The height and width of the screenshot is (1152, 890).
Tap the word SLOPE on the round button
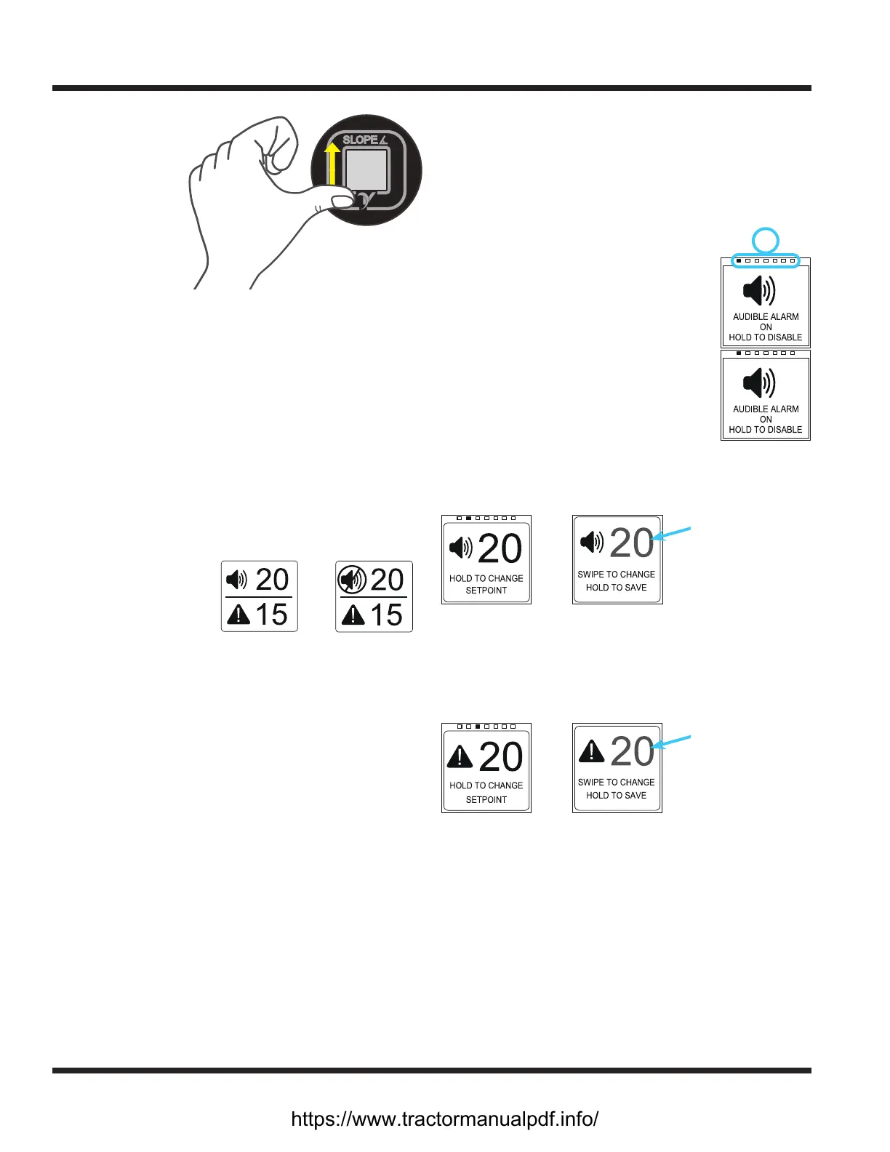pyautogui.click(x=360, y=140)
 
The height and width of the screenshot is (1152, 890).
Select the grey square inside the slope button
pyautogui.click(x=366, y=170)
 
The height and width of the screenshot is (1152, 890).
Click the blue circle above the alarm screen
pyautogui.click(x=765, y=240)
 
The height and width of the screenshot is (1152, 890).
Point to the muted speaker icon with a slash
pyautogui.click(x=353, y=580)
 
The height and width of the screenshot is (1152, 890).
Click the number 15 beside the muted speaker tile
pyautogui.click(x=386, y=615)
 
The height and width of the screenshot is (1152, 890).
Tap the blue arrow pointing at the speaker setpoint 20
pyautogui.click(x=673, y=534)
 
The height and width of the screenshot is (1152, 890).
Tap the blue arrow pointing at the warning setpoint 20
pyautogui.click(x=673, y=742)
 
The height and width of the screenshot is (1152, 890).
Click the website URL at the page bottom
pyautogui.click(x=444, y=1119)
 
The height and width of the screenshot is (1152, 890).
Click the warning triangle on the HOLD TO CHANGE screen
pyautogui.click(x=460, y=756)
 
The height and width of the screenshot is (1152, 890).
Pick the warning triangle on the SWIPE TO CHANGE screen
pyautogui.click(x=591, y=751)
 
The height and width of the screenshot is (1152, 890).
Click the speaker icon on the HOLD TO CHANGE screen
pyautogui.click(x=460, y=547)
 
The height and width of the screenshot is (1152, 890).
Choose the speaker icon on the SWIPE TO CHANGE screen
pyautogui.click(x=591, y=542)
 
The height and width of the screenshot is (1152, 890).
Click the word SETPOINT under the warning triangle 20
pyautogui.click(x=486, y=799)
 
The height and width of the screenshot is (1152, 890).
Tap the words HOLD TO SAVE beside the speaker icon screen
pyautogui.click(x=617, y=588)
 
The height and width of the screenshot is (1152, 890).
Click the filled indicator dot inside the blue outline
pyautogui.click(x=739, y=260)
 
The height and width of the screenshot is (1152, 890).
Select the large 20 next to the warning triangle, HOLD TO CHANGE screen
pyautogui.click(x=500, y=757)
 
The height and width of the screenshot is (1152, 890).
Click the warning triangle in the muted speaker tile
pyautogui.click(x=353, y=616)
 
